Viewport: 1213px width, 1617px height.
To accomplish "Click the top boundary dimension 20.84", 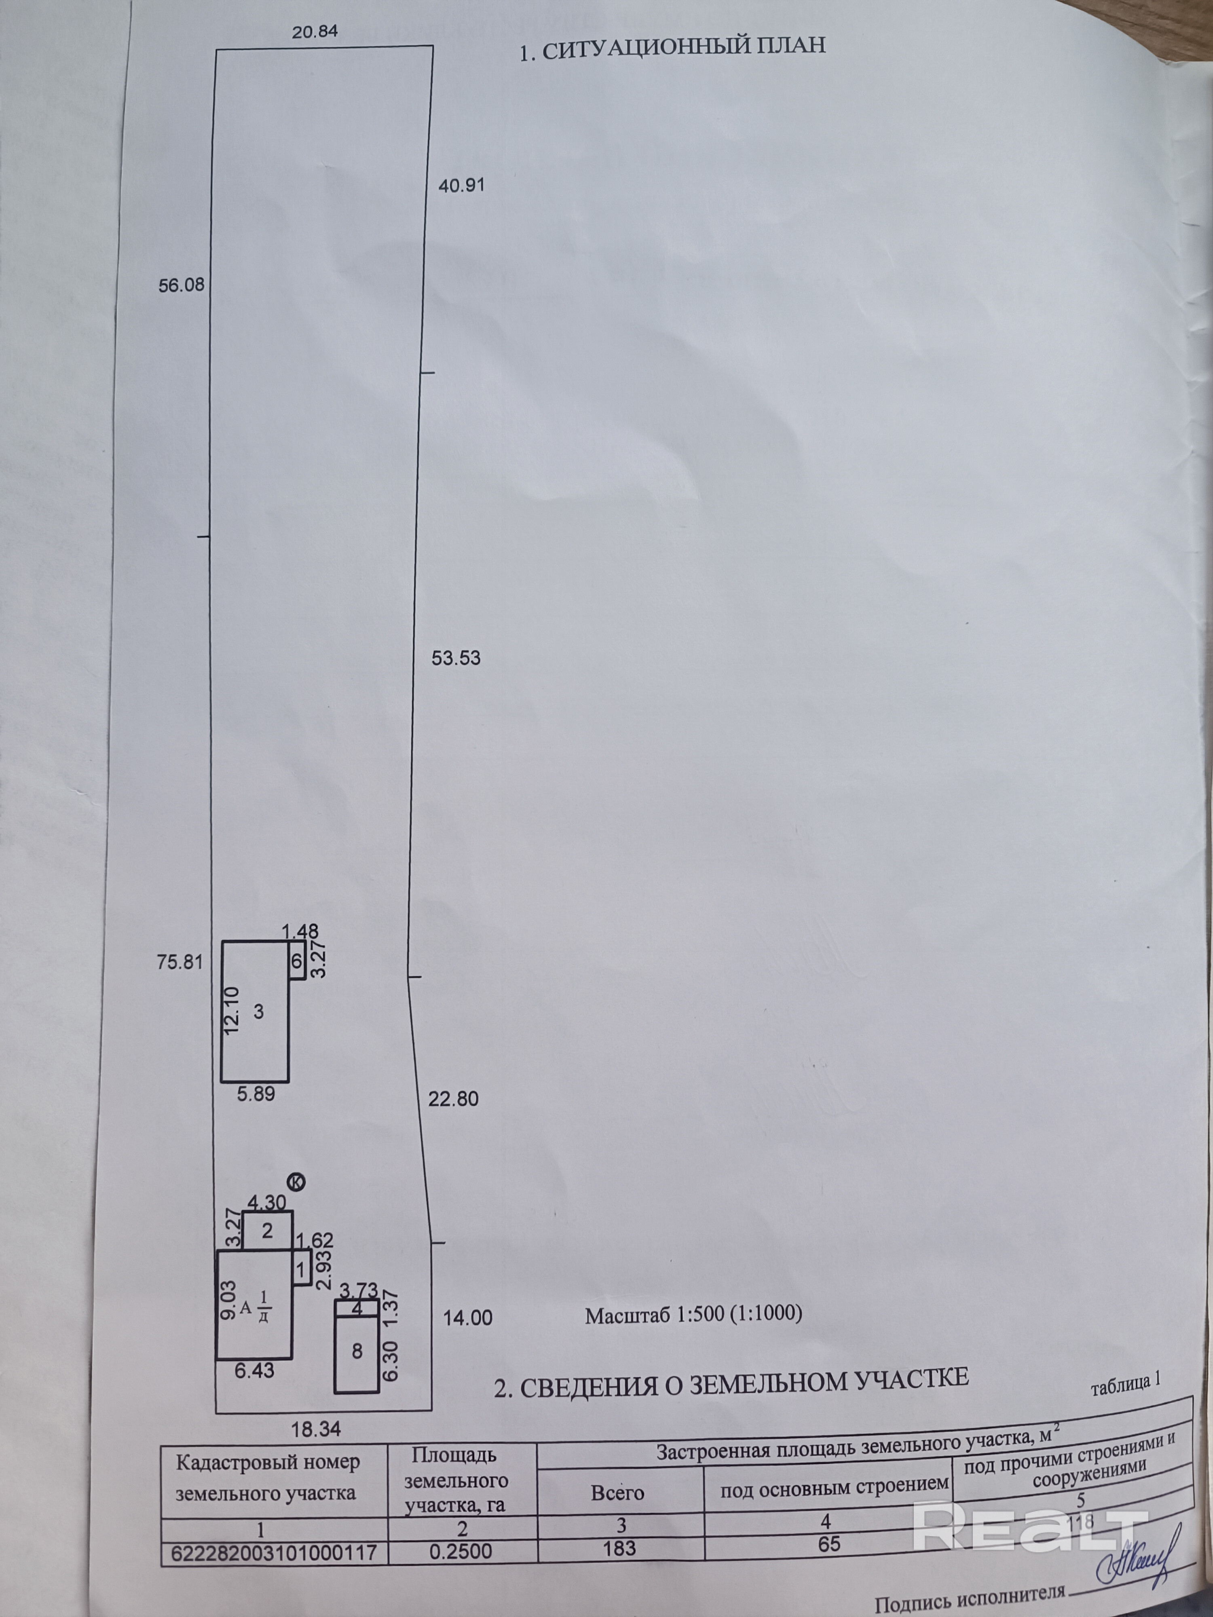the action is (315, 32).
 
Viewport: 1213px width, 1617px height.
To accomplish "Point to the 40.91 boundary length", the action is (461, 186).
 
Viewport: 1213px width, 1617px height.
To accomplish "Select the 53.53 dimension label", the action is (456, 658).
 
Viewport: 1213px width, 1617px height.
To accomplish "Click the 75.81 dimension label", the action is (179, 962).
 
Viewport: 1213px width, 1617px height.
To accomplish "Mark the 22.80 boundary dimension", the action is (453, 1099).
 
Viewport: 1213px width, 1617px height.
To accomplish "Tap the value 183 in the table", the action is (619, 1547).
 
